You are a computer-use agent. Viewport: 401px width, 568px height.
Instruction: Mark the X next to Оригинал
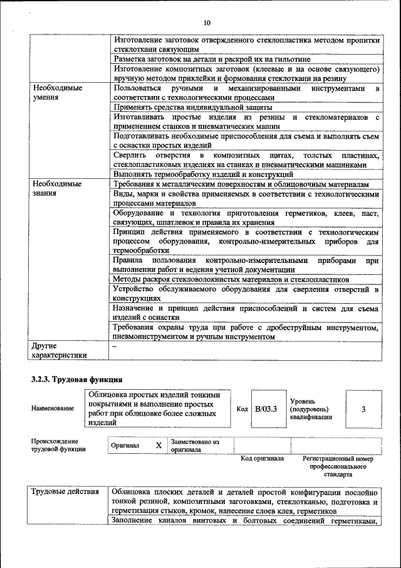(159, 445)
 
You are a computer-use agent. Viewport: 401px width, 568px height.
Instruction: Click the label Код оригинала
(262, 458)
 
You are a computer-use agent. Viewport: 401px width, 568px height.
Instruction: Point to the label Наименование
(52, 409)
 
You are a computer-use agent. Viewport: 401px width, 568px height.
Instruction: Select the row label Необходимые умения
(57, 93)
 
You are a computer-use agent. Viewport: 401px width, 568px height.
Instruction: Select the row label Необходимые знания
(57, 189)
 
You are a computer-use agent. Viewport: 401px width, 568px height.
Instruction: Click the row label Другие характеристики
(59, 350)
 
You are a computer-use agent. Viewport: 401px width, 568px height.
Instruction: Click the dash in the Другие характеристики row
(114, 346)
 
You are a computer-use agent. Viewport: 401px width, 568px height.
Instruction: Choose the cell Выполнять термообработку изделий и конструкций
(203, 174)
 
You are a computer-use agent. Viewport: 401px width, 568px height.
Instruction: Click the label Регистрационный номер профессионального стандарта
(338, 466)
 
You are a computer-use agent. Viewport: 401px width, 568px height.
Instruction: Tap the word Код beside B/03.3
(242, 409)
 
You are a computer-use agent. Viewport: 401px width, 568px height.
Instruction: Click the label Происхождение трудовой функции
(58, 445)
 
